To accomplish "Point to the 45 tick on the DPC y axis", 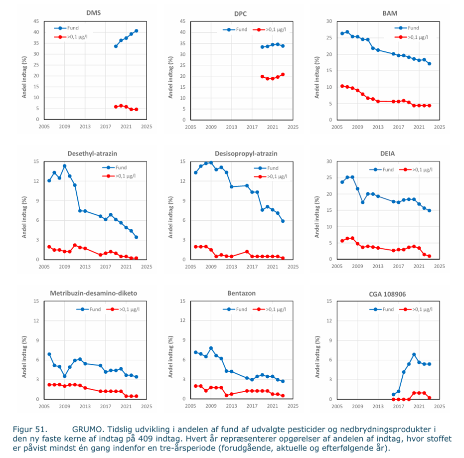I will [182, 21].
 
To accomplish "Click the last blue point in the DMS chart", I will [137, 31].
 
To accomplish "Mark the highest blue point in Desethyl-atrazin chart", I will [65, 166].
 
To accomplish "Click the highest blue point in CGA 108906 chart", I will [414, 354].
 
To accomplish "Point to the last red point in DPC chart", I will [283, 74].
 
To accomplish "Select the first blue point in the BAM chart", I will [342, 33].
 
